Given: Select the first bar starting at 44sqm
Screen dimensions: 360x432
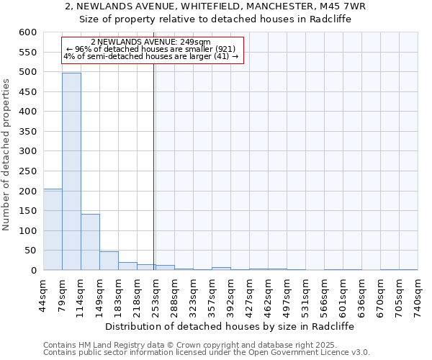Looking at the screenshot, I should tap(53, 230).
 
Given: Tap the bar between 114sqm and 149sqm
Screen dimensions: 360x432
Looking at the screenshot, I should tap(90, 242).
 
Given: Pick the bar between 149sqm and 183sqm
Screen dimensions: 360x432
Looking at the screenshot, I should tap(109, 261).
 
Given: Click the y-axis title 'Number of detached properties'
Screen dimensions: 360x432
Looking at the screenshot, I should tap(7, 155).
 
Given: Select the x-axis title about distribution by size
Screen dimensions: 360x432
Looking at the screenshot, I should tap(230, 326).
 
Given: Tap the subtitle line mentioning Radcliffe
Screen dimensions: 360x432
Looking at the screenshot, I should tap(215, 19).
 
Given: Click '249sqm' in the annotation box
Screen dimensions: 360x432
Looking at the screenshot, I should tap(196, 42).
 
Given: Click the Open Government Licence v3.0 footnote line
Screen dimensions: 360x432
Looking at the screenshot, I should tap(207, 352).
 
